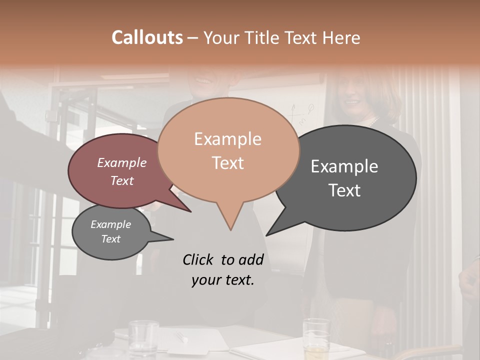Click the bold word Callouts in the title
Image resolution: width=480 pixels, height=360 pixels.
[147, 37]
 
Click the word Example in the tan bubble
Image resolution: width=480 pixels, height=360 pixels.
[227, 139]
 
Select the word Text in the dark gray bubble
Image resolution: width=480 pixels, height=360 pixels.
[344, 190]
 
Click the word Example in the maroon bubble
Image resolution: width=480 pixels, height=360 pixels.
[121, 162]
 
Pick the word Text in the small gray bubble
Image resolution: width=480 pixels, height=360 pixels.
[110, 239]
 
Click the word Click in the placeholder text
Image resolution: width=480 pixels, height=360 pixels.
[199, 259]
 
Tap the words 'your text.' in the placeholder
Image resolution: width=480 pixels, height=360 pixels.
[223, 280]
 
